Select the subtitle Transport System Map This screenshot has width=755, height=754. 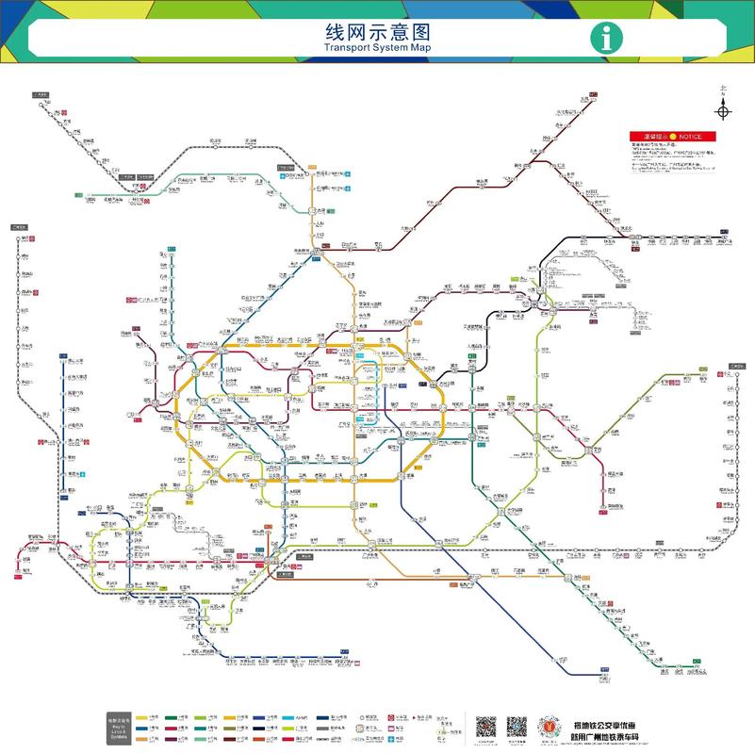[x=376, y=46]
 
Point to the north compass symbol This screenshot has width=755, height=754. [x=723, y=110]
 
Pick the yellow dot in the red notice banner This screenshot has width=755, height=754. [x=673, y=137]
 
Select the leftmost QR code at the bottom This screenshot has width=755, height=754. [x=485, y=727]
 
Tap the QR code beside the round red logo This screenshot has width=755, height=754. [x=517, y=727]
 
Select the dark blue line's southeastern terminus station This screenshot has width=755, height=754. [x=603, y=673]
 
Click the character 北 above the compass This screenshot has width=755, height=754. [x=723, y=91]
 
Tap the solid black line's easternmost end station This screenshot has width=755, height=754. [x=724, y=232]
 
